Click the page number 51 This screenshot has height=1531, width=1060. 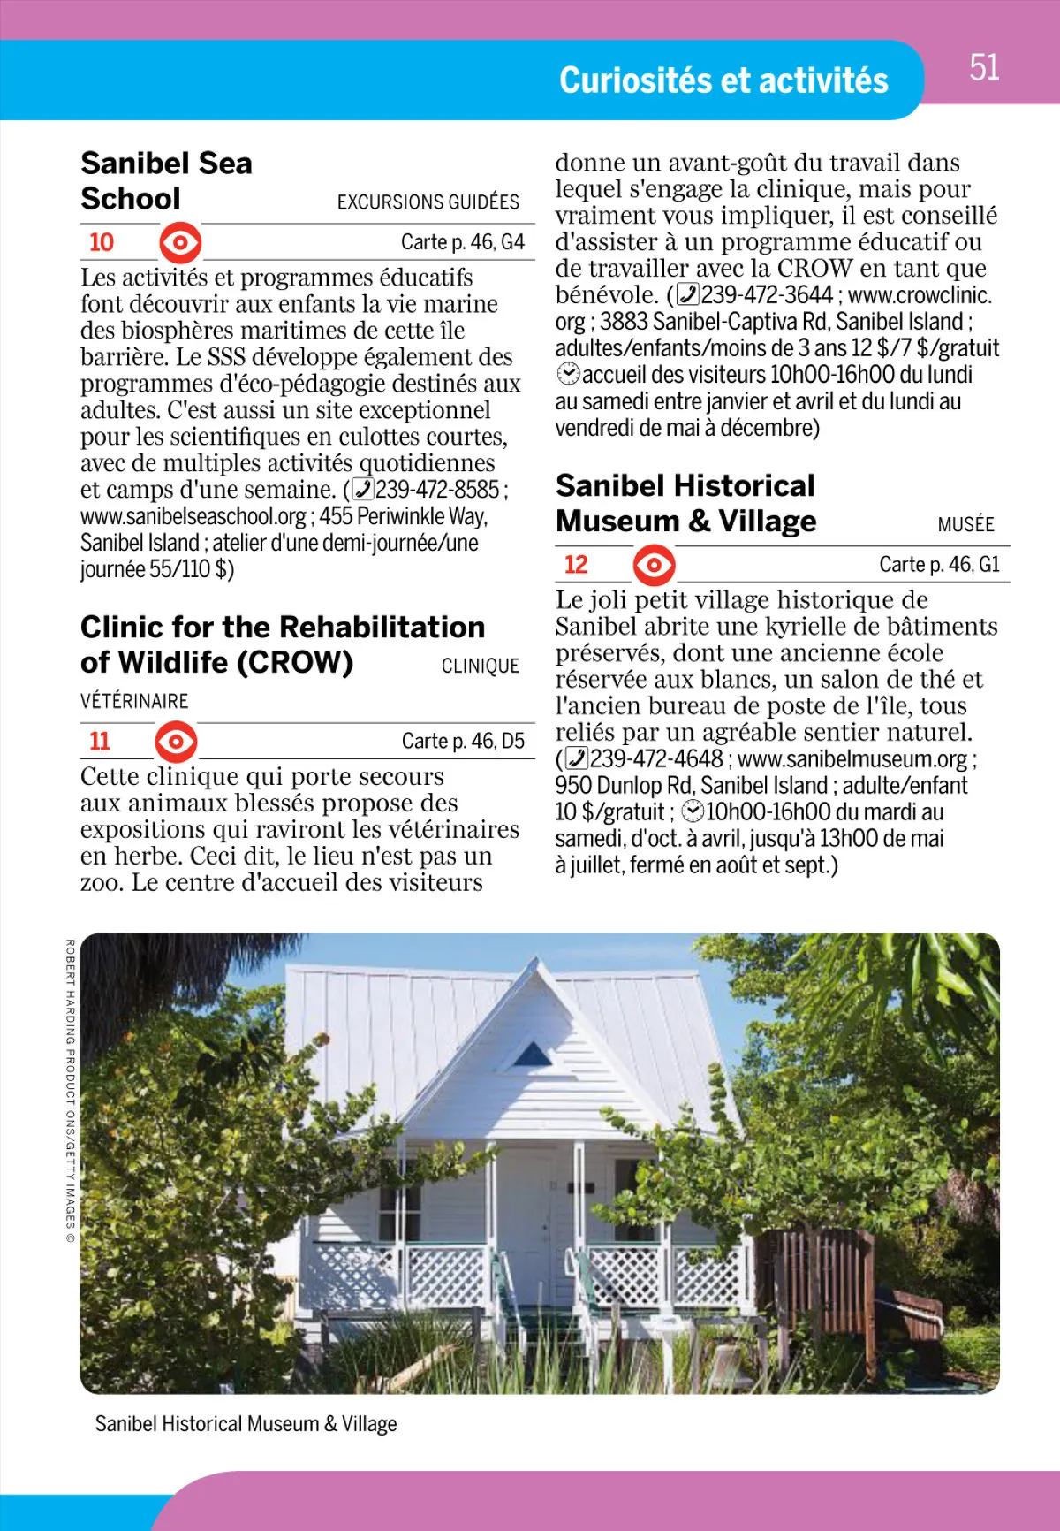984,68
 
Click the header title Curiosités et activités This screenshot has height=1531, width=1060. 723,80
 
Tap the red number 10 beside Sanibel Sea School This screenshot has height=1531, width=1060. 102,242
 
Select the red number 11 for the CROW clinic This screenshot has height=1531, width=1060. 100,741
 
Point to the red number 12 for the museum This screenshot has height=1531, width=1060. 576,564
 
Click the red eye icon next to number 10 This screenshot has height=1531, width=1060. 180,242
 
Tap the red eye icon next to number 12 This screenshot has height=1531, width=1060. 655,564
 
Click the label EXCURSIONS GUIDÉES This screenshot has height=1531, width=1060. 428,202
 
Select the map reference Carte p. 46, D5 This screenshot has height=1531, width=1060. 463,741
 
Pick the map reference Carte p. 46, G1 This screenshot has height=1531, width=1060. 939,564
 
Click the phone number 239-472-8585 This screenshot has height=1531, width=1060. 437,490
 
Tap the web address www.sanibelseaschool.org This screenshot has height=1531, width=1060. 193,516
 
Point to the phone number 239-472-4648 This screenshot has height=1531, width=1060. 655,758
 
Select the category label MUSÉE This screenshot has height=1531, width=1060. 965,525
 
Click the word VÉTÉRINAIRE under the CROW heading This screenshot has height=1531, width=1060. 134,701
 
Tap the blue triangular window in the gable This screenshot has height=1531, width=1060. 534,1054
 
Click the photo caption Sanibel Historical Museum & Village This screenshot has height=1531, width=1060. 246,1424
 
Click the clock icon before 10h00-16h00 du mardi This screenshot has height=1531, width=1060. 694,811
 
